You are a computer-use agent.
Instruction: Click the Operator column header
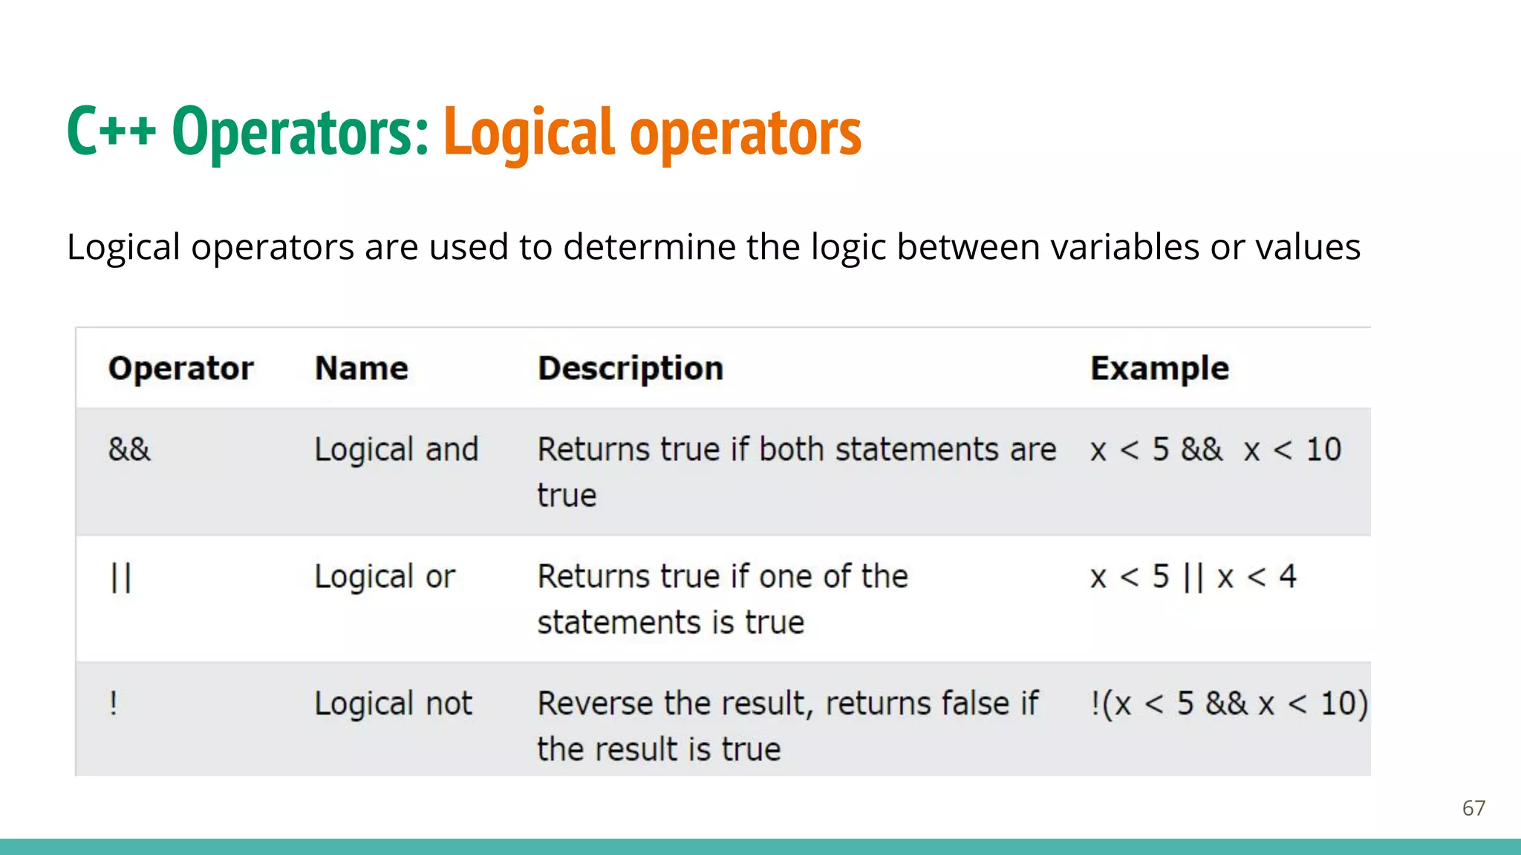tap(180, 369)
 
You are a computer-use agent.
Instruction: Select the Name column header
tap(361, 369)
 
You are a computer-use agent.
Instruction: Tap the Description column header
tap(631, 369)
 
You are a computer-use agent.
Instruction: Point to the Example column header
tap(1159, 369)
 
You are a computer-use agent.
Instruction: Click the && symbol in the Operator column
tap(129, 450)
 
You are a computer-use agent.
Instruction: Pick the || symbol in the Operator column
tap(121, 577)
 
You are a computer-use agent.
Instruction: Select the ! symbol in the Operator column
tap(114, 703)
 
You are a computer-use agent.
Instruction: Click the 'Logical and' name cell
tap(397, 450)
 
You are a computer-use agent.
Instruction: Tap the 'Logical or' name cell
tap(385, 577)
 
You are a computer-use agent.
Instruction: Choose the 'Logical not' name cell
tap(393, 704)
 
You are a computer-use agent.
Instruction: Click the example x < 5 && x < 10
tap(1216, 450)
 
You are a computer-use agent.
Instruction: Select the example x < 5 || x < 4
tap(1193, 577)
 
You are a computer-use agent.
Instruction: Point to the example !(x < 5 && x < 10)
tap(1229, 704)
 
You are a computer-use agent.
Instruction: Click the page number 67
tap(1473, 807)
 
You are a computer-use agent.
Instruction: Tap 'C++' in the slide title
tap(111, 131)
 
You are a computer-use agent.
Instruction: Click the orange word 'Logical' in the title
tap(530, 133)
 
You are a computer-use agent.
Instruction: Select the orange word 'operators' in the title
tap(746, 134)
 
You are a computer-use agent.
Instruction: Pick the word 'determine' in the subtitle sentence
tap(649, 247)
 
